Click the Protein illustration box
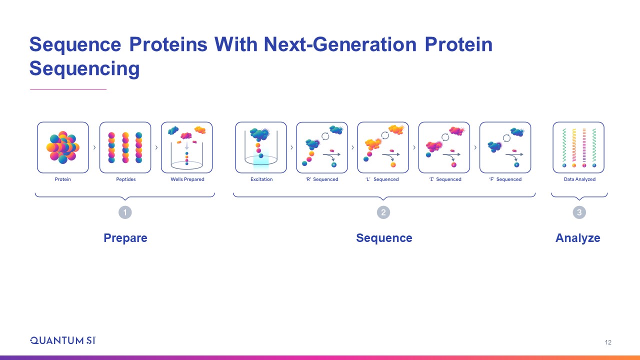(63, 147)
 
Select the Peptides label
(125, 179)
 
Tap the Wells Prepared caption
(187, 179)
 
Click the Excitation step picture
(261, 147)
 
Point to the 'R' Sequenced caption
(321, 179)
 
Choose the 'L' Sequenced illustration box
(383, 147)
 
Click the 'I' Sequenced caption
(445, 179)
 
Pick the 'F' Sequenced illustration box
(505, 147)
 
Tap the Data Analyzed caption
(579, 179)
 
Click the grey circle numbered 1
(125, 212)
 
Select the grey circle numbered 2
(383, 212)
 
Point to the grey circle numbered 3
(579, 212)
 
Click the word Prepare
(125, 238)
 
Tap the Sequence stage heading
(384, 238)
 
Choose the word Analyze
(577, 238)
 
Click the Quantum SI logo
(63, 340)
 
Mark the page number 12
(608, 342)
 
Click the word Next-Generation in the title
(340, 44)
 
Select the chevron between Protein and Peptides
(94, 147)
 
